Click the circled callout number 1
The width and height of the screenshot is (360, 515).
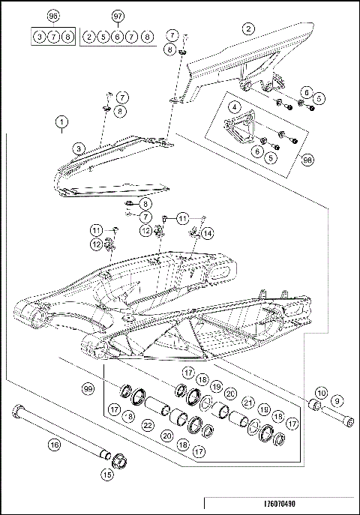(61, 121)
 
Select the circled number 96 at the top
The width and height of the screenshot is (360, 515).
(52, 16)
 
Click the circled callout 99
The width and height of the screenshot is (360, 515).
(88, 391)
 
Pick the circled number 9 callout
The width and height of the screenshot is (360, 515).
(337, 401)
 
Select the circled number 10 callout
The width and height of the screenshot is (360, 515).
(320, 393)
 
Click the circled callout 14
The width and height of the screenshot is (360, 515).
(206, 232)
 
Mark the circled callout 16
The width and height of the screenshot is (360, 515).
(53, 445)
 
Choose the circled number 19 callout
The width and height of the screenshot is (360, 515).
(216, 387)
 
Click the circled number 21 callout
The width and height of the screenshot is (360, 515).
(247, 403)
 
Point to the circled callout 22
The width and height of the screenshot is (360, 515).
(148, 427)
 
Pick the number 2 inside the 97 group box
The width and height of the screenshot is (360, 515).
(89, 36)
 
